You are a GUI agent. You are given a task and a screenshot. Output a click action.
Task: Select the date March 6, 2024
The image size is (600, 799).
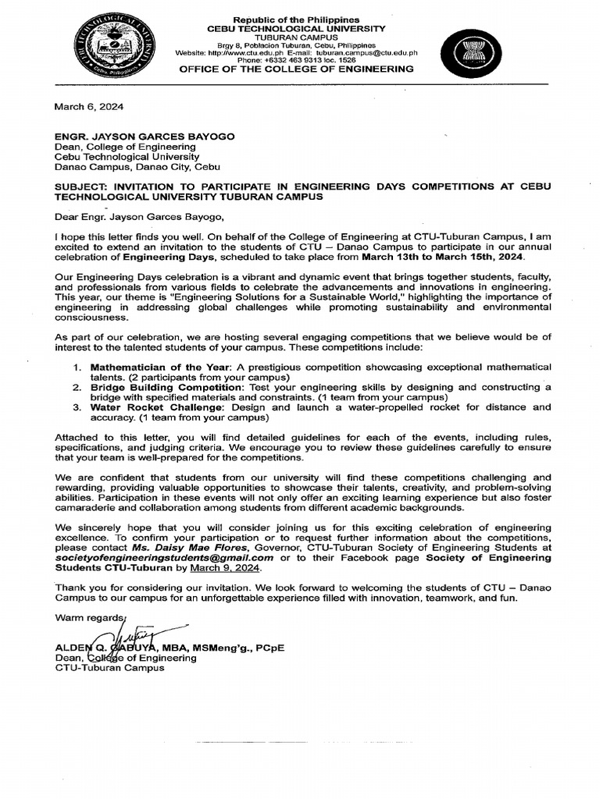(88, 106)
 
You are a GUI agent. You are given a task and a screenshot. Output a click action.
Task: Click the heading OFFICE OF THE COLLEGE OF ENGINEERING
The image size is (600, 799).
(297, 69)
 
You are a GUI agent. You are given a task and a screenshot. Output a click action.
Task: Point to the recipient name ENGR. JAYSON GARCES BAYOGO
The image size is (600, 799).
(144, 136)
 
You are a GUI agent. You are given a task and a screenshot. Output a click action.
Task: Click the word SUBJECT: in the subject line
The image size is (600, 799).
(81, 187)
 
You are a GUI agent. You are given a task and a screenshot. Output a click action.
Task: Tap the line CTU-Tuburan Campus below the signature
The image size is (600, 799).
(109, 669)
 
